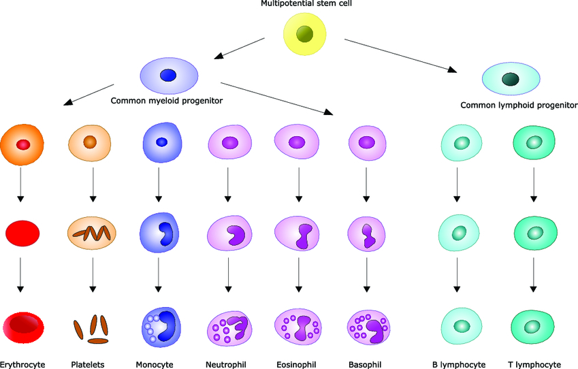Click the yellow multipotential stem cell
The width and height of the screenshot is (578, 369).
tap(305, 34)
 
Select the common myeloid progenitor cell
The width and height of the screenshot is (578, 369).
tap(169, 76)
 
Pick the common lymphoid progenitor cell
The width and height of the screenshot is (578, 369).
tap(511, 80)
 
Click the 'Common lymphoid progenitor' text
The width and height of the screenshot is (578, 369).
tap(519, 106)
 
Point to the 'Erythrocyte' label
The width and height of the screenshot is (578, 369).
tap(22, 364)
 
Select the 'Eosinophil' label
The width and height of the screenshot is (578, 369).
tap(297, 364)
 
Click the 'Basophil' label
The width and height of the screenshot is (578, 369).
tap(366, 364)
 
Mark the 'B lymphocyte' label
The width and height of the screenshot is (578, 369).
tap(459, 364)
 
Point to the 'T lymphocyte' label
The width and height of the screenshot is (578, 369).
tap(534, 364)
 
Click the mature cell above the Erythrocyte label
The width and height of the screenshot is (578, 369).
tap(22, 327)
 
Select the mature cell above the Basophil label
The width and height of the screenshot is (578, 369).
tap(368, 327)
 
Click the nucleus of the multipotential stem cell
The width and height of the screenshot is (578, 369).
tap(305, 34)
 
